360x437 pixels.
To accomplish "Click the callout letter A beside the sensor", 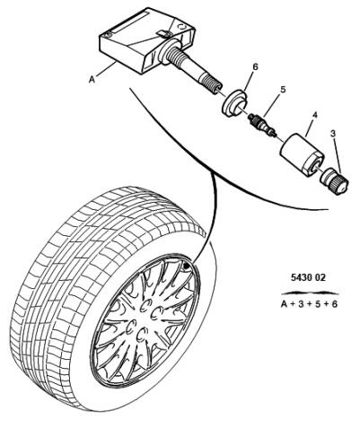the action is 92,80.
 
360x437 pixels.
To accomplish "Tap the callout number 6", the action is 255,66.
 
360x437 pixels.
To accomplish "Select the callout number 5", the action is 283,90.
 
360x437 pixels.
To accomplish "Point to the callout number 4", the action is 315,115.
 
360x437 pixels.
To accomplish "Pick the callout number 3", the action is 333,134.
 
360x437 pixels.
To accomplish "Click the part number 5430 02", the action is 308,277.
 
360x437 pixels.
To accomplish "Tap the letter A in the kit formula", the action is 285,304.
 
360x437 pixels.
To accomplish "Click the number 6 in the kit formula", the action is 334,304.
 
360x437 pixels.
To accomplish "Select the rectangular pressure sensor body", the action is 143,41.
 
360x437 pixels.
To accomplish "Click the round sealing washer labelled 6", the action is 234,102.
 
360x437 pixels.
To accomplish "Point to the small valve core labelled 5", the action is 261,126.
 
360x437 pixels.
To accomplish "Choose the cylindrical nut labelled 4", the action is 302,155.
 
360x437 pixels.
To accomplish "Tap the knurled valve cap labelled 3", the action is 334,181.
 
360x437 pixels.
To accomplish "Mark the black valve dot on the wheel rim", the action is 186,265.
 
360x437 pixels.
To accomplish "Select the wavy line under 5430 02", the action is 310,293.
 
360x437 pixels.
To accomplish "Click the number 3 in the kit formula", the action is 301,304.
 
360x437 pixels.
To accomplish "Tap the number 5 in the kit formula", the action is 318,304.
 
